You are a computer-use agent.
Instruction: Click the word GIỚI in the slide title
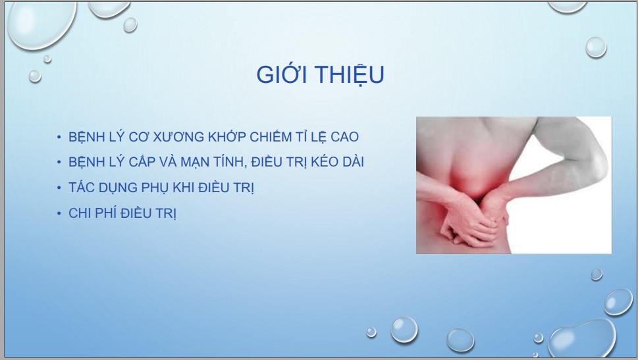[282, 74]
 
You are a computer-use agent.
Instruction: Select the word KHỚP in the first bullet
[227, 136]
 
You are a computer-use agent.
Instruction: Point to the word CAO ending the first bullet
[344, 137]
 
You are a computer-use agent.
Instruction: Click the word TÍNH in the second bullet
[228, 162]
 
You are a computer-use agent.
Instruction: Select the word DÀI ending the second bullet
[353, 161]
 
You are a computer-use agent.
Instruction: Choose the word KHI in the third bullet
[184, 188]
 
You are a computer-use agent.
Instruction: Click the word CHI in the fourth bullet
[80, 213]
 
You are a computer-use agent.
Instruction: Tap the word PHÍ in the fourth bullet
[105, 213]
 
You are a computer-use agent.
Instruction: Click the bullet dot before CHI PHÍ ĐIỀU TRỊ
[59, 213]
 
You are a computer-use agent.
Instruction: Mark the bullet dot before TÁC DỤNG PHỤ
[59, 188]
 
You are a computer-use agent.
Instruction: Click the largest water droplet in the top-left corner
[41, 24]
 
